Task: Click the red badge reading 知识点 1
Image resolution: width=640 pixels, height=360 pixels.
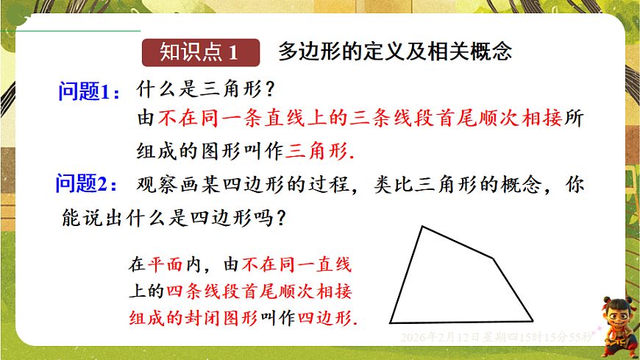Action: pyautogui.click(x=200, y=53)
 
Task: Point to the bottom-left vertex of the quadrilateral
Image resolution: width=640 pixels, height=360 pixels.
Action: pyautogui.click(x=390, y=322)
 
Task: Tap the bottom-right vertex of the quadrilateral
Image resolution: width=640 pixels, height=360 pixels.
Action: pyautogui.click(x=533, y=320)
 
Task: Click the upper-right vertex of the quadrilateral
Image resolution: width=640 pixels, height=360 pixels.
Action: pyautogui.click(x=494, y=258)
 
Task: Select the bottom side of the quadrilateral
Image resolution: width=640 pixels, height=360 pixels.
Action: pyautogui.click(x=461, y=322)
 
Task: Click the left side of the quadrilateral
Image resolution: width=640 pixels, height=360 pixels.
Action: pyautogui.click(x=406, y=275)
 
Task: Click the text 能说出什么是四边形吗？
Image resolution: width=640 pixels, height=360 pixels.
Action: pyautogui.click(x=175, y=218)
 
